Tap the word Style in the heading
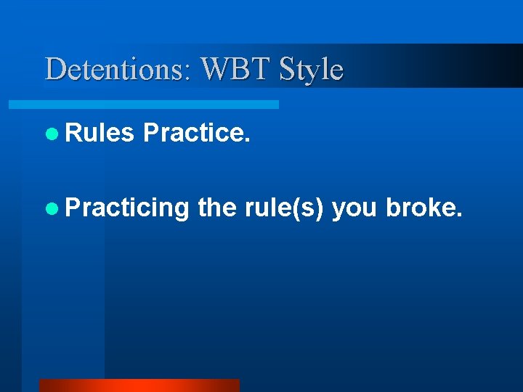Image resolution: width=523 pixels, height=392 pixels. click(x=312, y=70)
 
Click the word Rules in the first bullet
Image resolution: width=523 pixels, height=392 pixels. click(x=100, y=134)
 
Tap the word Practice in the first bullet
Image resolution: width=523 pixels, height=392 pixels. click(x=194, y=134)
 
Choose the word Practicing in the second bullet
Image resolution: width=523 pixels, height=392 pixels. click(x=127, y=208)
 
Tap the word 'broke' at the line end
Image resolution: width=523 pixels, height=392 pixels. click(x=420, y=208)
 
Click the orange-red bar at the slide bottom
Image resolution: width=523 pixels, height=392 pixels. click(x=139, y=385)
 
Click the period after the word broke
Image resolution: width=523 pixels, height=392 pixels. click(x=458, y=216)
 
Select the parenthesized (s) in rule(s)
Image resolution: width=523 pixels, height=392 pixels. click(x=308, y=208)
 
